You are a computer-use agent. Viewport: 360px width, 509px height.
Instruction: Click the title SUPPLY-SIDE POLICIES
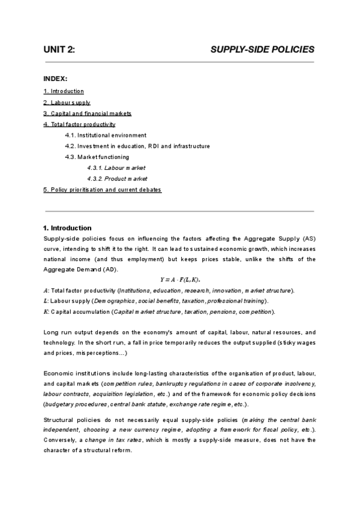click(262, 50)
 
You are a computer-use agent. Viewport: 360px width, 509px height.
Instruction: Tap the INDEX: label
click(56, 79)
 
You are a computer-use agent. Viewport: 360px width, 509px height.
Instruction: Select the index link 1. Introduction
click(64, 91)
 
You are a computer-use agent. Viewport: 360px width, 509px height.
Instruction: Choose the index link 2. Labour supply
click(67, 103)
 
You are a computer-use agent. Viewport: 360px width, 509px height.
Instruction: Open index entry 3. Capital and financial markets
click(87, 113)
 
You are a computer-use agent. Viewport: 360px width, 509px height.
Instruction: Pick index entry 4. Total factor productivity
click(79, 124)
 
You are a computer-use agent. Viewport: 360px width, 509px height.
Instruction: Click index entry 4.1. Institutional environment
click(106, 135)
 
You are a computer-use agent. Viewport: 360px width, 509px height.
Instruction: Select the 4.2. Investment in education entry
click(137, 146)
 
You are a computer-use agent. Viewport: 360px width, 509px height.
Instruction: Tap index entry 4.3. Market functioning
click(97, 157)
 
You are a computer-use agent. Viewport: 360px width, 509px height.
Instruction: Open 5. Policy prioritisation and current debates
click(103, 190)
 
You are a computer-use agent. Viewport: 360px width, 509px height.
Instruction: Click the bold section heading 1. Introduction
click(67, 228)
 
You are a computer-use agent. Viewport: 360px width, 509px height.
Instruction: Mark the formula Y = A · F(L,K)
click(180, 280)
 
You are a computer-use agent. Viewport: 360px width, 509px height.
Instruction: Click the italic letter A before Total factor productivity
click(46, 291)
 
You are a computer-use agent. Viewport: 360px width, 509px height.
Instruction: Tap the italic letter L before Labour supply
click(46, 301)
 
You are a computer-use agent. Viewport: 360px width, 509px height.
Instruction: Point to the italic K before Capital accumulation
click(46, 312)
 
